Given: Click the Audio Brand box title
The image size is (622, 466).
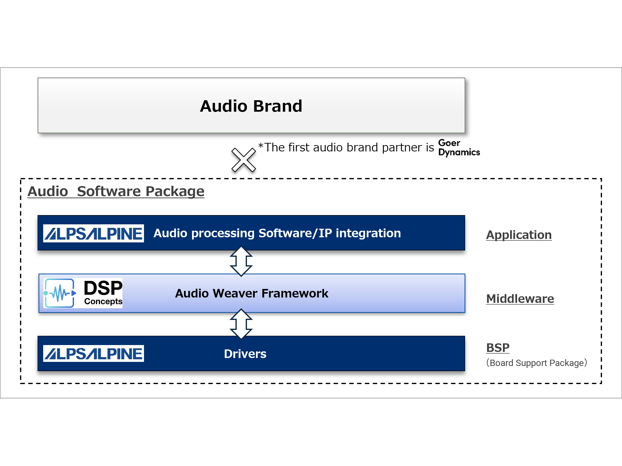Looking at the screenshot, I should pos(251,106).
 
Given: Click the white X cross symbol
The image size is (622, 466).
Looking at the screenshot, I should pos(244,160).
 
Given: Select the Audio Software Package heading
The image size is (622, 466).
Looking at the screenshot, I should pos(116,191).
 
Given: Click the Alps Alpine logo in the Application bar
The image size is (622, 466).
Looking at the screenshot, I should pos(93,233).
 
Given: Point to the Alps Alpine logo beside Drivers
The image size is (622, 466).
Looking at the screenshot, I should pos(93,354).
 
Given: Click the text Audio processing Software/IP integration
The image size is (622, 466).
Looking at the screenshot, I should pos(277,233).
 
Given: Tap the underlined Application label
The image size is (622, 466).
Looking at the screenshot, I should pos(519,235).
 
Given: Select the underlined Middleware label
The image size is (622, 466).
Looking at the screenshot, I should pos(520,298).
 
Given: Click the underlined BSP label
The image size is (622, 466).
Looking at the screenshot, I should pos(498,348).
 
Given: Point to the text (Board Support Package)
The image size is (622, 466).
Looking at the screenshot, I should pos(537,363).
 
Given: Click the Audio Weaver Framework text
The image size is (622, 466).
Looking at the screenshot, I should pos(251,293).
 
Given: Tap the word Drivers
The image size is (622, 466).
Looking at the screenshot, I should pos(245,354).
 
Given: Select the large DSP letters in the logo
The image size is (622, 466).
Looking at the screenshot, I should pos(103,288).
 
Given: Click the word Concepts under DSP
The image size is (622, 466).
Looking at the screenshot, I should pos(103,301).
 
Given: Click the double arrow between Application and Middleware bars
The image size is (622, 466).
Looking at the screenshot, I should pos(241,261).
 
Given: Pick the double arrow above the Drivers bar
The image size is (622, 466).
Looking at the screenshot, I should pos(241,324).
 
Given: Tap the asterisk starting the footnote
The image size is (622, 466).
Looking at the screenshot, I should pos(261,146).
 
